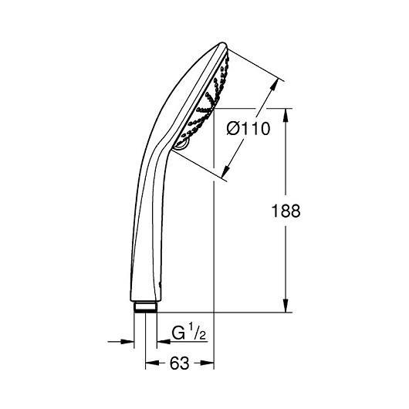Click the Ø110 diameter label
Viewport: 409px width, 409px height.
pyautogui.click(x=248, y=128)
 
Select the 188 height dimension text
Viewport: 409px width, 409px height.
pyautogui.click(x=286, y=211)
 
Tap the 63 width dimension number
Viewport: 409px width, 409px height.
pyautogui.click(x=179, y=363)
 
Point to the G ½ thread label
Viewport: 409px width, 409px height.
pyautogui.click(x=188, y=332)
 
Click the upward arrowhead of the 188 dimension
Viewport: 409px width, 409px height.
pyautogui.click(x=286, y=115)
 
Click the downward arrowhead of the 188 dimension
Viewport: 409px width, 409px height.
pyautogui.click(x=286, y=306)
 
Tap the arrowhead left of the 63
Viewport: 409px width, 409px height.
pyautogui.click(x=152, y=363)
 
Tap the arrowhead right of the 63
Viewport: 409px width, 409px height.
pyautogui.click(x=208, y=363)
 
